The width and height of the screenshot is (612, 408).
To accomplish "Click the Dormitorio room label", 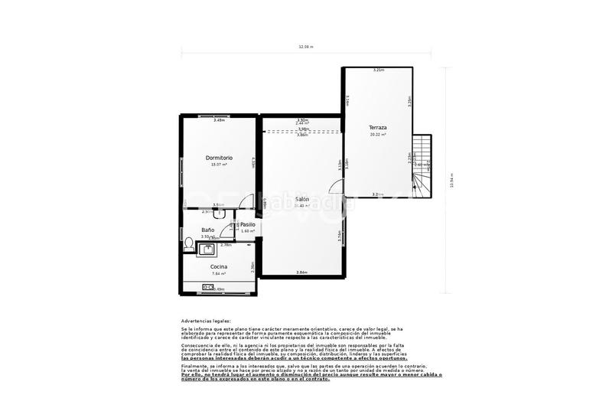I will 219,158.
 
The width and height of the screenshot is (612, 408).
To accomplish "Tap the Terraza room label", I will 377,127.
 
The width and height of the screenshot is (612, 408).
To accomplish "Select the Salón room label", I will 302,198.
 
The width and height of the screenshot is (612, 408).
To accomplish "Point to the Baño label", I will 207,230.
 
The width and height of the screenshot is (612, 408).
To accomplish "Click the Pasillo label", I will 247,224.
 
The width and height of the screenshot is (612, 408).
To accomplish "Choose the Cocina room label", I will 219,266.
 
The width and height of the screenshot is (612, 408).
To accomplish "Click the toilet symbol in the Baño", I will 188,243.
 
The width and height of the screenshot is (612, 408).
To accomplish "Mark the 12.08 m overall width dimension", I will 306,47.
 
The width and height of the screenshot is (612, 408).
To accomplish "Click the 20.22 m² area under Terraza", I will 377,135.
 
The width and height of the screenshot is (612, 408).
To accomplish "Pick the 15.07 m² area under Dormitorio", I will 219,165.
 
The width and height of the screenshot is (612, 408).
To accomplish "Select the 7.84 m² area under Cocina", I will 219,273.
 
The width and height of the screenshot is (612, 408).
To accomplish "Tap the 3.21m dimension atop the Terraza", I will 378,70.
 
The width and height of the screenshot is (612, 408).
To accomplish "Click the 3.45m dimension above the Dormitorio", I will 219,119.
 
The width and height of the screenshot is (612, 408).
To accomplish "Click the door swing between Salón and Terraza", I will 337,188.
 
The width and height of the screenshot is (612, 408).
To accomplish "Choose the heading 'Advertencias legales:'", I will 206,321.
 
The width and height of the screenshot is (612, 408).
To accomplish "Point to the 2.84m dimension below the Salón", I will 301,273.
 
